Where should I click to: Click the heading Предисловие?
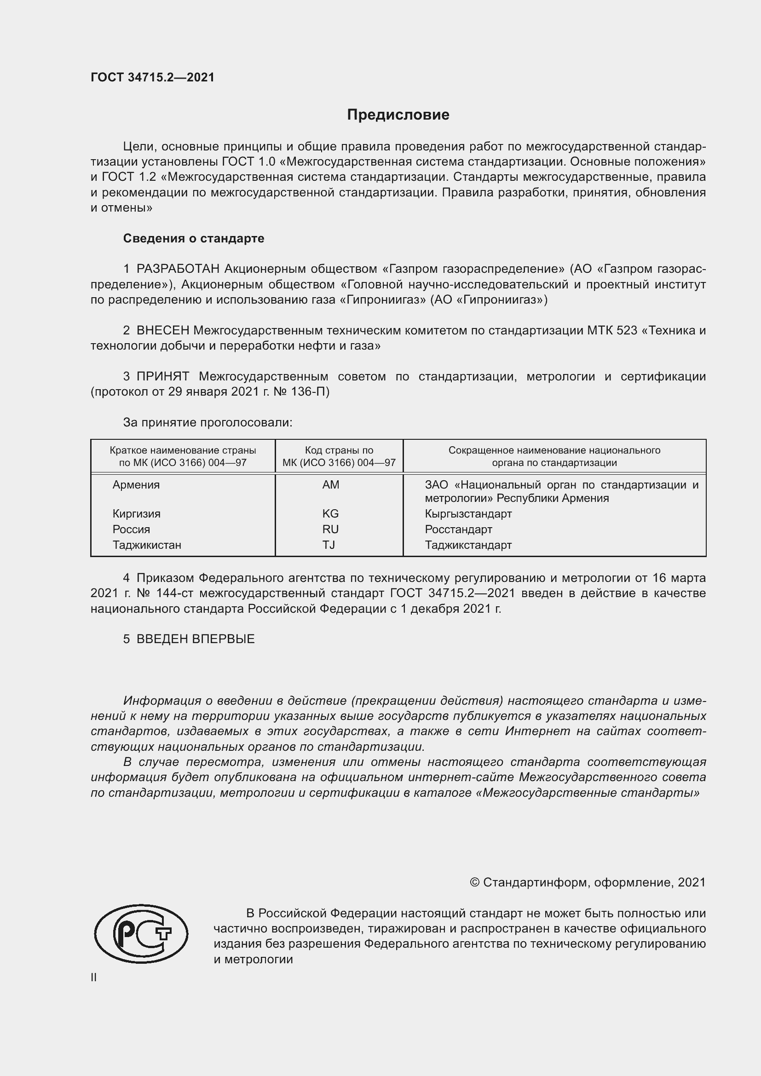pos(398,115)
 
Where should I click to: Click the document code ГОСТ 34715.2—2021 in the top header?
pos(152,77)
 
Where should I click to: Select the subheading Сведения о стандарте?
pos(194,239)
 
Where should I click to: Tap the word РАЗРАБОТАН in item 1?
pos(178,269)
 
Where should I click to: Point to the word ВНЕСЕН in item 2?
pos(163,330)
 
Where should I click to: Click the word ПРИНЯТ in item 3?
pos(163,376)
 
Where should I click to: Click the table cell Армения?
pos(136,485)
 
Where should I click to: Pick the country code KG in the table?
pos(330,514)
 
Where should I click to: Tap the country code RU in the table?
pos(330,529)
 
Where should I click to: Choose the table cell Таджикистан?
pos(147,545)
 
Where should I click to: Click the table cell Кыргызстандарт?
pos(468,514)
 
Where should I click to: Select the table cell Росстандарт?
pos(458,529)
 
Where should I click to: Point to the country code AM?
pos(330,485)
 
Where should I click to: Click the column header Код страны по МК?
pos(339,456)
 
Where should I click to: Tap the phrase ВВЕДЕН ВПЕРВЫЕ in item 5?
pos(196,639)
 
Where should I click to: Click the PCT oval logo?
pos(141,934)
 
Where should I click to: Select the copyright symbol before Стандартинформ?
pos(474,883)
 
